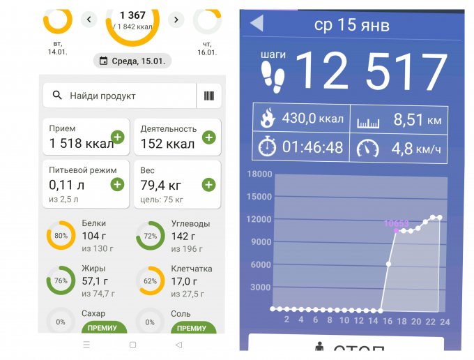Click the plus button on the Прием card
tap(117, 137)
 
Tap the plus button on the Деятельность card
tap(208, 137)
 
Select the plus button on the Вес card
tap(208, 184)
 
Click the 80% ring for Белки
tap(61, 236)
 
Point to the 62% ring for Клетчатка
tap(150, 281)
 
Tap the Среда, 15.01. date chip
tap(132, 61)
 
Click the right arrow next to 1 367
tap(176, 20)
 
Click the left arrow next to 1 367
tap(89, 20)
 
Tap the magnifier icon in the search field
tap(57, 96)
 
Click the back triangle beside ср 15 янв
tap(256, 23)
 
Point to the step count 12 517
tap(372, 72)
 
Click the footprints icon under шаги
tap(274, 77)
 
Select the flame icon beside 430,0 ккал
tap(267, 118)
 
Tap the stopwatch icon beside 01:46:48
tap(267, 148)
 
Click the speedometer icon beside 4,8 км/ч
tap(367, 148)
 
